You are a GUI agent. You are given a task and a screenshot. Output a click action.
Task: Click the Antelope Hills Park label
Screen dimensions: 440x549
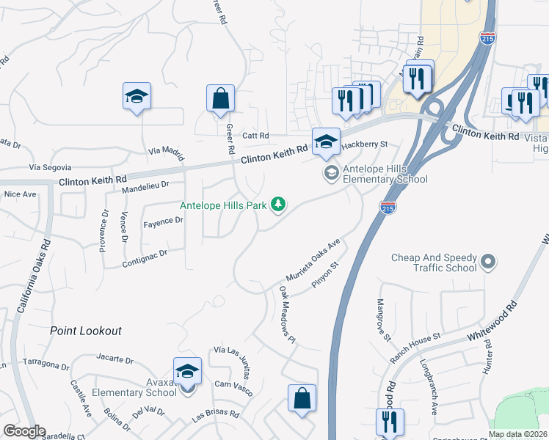click(223, 205)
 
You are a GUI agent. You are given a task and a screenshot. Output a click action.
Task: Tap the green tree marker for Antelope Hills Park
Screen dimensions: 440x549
click(277, 205)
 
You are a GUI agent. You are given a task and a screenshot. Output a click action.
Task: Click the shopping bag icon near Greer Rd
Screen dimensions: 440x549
click(220, 98)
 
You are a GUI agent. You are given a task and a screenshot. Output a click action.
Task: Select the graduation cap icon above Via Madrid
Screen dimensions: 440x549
click(137, 97)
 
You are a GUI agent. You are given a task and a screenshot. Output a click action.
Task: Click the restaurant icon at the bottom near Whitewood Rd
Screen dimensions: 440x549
click(389, 421)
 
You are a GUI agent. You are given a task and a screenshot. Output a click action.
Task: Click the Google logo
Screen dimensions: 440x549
click(24, 431)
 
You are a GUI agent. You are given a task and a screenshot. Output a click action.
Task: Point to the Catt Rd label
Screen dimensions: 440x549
click(256, 135)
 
